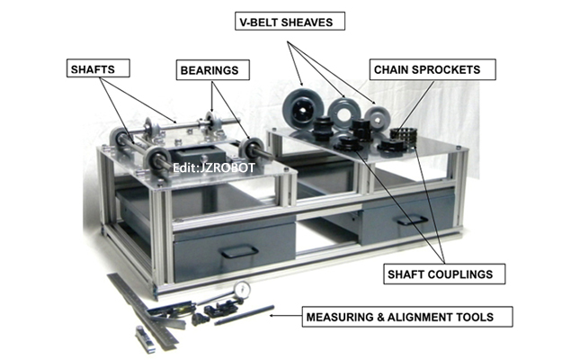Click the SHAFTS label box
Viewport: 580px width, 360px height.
[x=93, y=67]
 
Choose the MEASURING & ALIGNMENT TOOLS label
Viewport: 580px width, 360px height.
[x=408, y=317]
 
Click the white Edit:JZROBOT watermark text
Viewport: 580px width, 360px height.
[x=205, y=166]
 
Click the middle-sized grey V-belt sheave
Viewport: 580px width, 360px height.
[x=343, y=112]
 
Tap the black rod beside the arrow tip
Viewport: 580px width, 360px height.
[x=245, y=314]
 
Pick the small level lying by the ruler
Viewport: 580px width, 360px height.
[x=145, y=337]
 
